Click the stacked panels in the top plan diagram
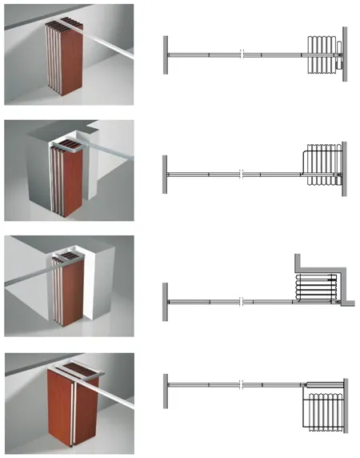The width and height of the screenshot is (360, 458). pyautogui.click(x=322, y=54)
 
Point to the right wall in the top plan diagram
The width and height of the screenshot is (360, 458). pyautogui.click(x=344, y=54)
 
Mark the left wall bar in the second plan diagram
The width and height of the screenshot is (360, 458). pyautogui.click(x=166, y=171)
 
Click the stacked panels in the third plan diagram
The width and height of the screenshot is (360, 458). pyautogui.click(x=314, y=287)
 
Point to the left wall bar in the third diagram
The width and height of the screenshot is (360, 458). pyautogui.click(x=166, y=300)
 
